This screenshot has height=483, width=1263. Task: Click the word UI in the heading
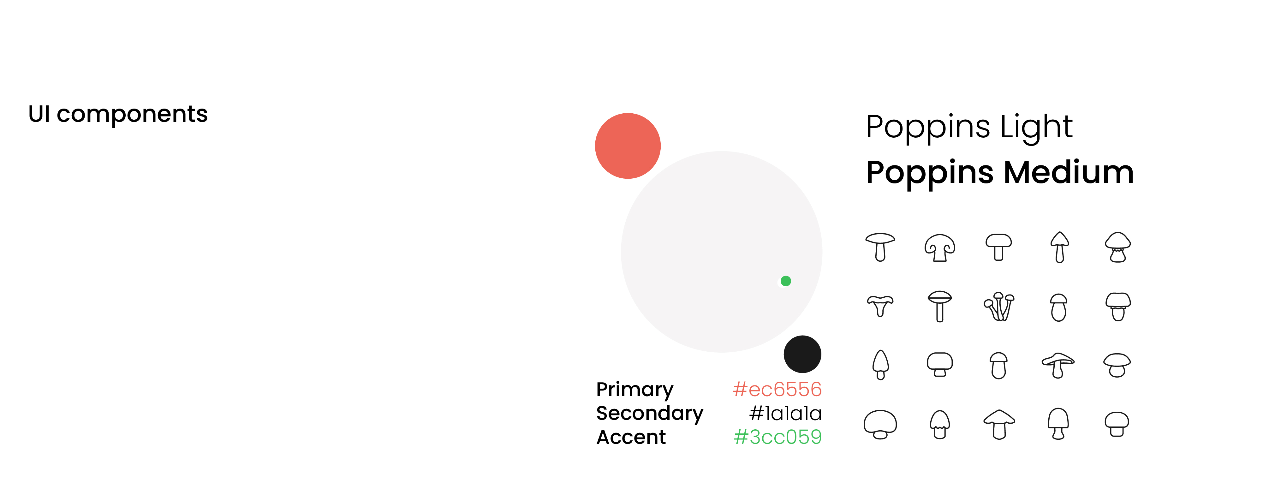tap(39, 114)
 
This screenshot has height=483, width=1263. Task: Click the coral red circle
tap(628, 146)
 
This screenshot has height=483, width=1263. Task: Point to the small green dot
tap(785, 281)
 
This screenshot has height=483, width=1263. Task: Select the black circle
tap(802, 354)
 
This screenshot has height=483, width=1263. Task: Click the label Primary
tap(634, 390)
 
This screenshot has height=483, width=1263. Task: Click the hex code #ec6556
tap(777, 389)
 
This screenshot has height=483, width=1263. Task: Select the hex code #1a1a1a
tap(785, 413)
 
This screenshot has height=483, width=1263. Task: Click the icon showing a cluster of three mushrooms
tap(999, 307)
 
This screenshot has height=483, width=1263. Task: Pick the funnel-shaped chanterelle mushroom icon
tap(880, 306)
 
